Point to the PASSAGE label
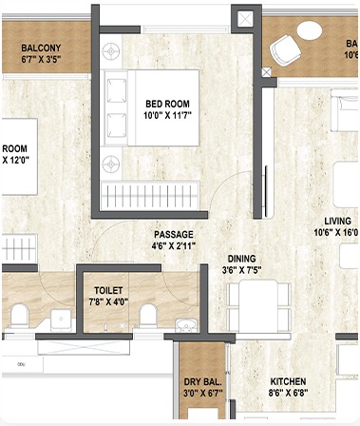coord(174,234)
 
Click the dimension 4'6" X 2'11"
coord(174,247)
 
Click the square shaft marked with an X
coord(246,17)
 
